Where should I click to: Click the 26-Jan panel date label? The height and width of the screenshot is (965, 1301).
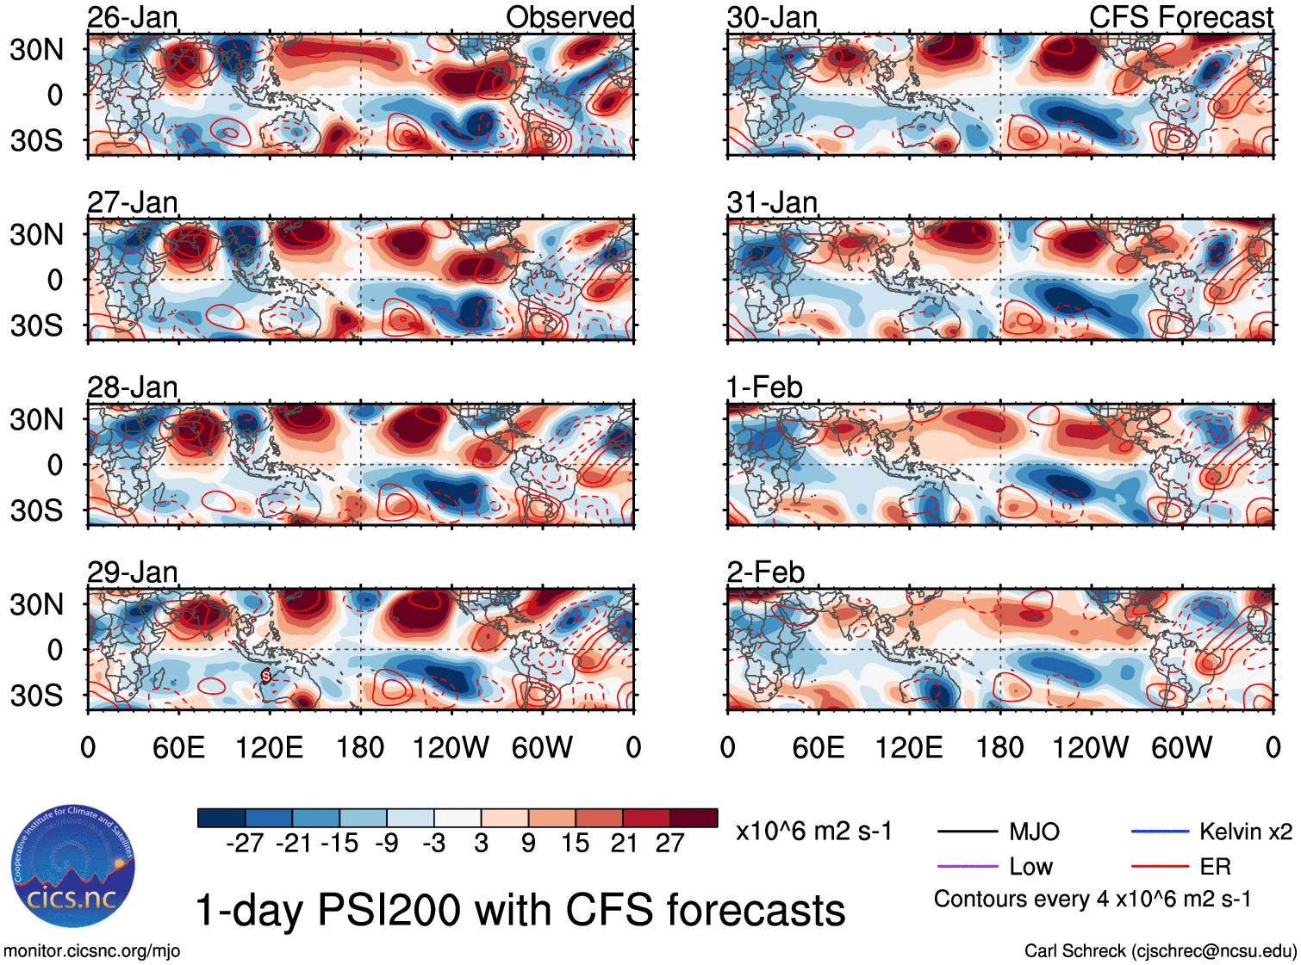[x=133, y=17]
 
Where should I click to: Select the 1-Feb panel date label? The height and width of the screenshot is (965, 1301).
[x=764, y=387]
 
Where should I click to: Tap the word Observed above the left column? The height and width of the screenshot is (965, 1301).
[x=570, y=17]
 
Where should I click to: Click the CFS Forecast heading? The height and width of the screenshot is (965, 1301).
[x=1180, y=17]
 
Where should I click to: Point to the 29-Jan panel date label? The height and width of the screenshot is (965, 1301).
[x=133, y=572]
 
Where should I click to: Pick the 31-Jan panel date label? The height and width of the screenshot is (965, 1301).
[x=772, y=203]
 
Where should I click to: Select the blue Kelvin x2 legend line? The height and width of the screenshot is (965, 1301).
[x=1160, y=832]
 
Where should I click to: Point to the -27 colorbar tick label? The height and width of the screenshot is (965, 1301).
[x=245, y=844]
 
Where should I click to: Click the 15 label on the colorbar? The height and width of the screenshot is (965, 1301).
[x=575, y=844]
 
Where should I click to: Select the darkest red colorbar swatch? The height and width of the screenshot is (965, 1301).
[x=694, y=818]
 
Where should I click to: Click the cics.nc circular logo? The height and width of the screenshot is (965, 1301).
[x=72, y=868]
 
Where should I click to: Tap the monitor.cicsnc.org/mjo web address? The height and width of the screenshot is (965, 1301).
[x=91, y=951]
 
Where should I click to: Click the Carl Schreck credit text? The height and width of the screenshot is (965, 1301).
[x=1160, y=951]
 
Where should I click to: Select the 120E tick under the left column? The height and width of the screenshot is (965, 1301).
[x=270, y=747]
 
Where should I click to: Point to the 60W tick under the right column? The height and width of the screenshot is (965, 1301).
[x=1181, y=747]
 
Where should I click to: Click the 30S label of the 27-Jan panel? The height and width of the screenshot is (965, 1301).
[x=36, y=325]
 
